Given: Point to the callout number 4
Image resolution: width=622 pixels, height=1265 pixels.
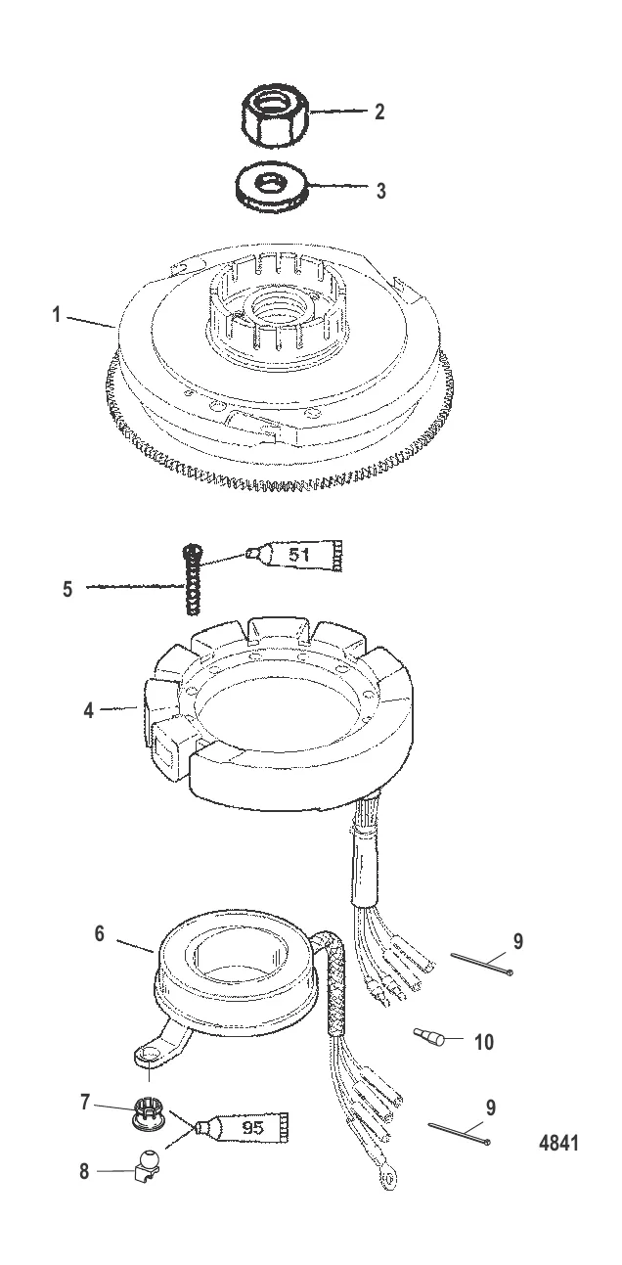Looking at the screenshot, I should click(x=89, y=711).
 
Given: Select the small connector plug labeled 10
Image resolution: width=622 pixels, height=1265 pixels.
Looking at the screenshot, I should click(x=429, y=1036).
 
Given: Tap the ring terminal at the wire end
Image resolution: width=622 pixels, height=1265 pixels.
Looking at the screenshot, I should click(x=387, y=1182).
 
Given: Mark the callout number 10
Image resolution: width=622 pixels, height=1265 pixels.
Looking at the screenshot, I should click(x=483, y=1043).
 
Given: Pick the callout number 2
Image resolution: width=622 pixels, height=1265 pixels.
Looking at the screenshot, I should click(x=378, y=112).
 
